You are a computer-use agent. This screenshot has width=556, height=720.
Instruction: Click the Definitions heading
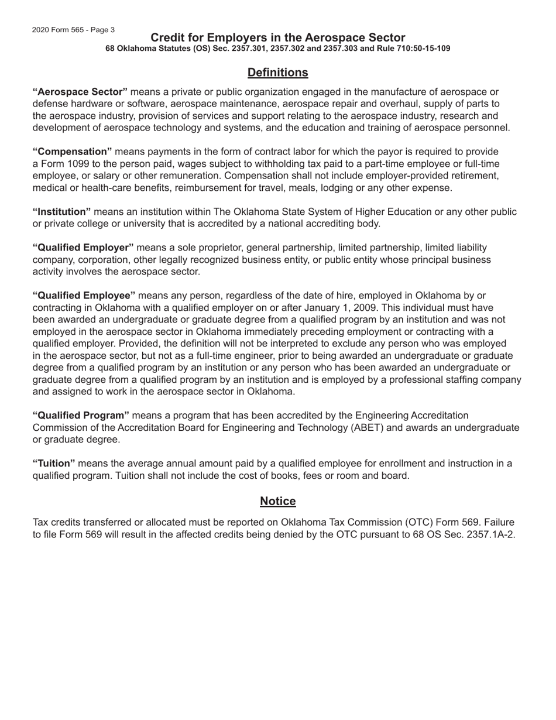pyautogui.click(x=277, y=73)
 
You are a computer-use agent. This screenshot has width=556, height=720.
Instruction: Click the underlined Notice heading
pyautogui.click(x=277, y=502)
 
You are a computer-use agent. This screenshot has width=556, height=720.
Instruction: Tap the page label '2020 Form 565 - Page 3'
pyautogui.click(x=73, y=30)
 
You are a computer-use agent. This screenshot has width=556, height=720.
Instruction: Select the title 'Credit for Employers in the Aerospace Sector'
pyautogui.click(x=277, y=38)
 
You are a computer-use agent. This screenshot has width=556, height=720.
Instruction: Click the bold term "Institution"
pyautogui.click(x=61, y=211)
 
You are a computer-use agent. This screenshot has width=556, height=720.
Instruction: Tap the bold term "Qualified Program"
pyautogui.click(x=81, y=416)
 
